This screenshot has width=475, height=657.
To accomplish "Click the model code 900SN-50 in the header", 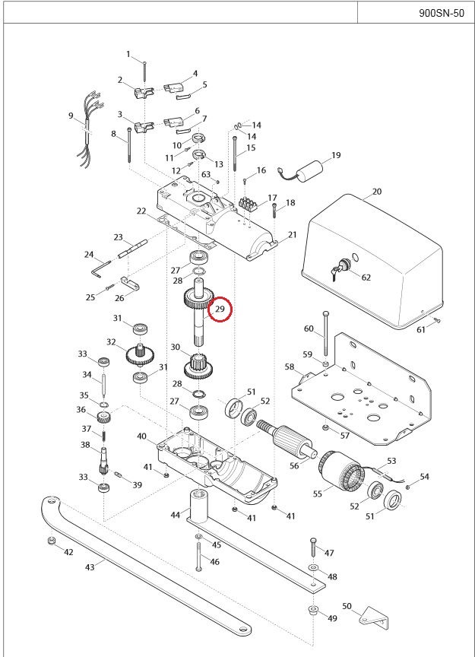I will point(441,12).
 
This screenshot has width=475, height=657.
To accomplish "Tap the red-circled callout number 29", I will point(220,309).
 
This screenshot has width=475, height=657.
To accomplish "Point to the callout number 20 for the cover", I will point(377,192).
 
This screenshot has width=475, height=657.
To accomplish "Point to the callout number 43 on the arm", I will point(89,567).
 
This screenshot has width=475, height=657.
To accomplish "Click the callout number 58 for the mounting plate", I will point(290,367).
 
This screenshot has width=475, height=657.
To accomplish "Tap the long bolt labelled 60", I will point(326,335).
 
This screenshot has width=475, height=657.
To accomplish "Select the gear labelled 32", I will point(138,354).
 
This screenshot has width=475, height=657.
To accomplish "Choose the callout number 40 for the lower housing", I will point(141,436).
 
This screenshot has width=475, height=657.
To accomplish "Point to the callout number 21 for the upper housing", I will point(292,236).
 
